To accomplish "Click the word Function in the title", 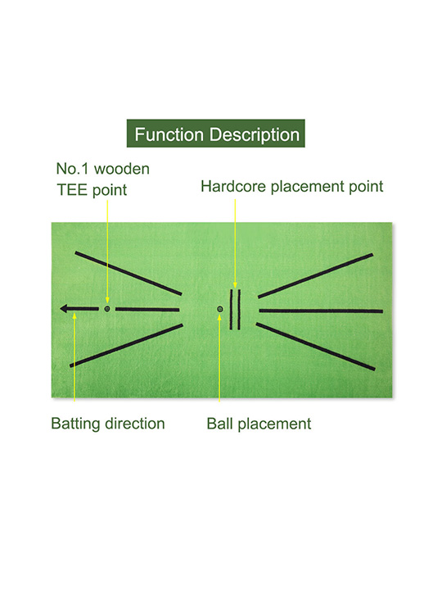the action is tap(169, 134).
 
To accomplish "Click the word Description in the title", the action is tap(255, 135).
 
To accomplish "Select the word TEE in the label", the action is tap(72, 189).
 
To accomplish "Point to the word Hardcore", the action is tap(233, 186).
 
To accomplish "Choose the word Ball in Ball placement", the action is tap(220, 424).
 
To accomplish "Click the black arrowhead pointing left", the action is tap(65, 309).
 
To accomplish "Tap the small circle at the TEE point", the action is tap(107, 309).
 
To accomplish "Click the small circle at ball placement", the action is tap(220, 309).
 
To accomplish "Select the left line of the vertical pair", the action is tap(231, 309).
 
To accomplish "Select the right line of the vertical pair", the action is tap(239, 309).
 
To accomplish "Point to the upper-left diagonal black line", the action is tap(129, 273).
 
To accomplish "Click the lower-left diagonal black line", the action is tap(126, 346).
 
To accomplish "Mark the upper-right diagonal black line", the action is tap(315, 276).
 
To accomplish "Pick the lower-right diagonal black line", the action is tap(316, 347).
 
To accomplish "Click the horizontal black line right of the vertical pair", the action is tap(321, 311).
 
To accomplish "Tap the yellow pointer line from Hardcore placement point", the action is tap(235, 243).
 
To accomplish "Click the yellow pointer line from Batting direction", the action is tap(74, 357).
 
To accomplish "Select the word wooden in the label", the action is tap(122, 169).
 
